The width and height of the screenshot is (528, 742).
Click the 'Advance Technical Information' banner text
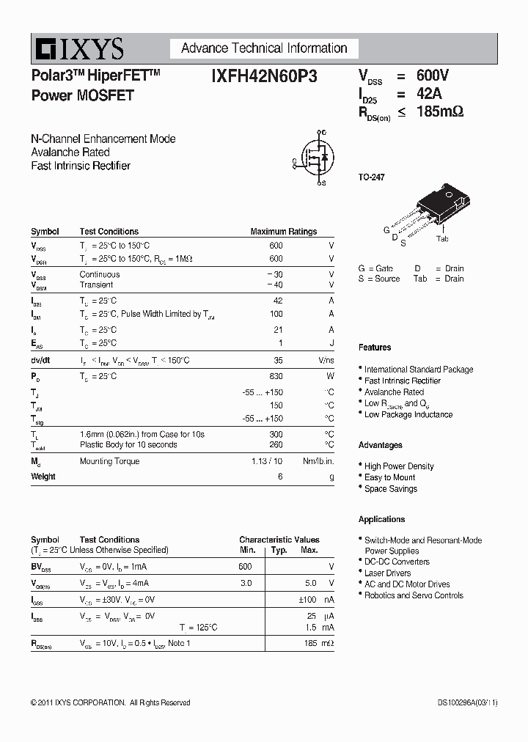click(264, 48)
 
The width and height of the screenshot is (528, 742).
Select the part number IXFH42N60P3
click(264, 76)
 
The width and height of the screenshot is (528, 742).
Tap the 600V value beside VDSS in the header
click(432, 76)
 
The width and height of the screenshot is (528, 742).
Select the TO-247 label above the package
click(371, 177)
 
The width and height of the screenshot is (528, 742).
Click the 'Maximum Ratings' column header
click(283, 232)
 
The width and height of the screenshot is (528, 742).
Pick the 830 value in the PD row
click(276, 376)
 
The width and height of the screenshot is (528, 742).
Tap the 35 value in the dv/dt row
click(278, 360)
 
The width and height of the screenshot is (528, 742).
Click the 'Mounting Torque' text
click(109, 461)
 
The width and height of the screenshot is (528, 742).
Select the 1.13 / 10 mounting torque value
click(268, 461)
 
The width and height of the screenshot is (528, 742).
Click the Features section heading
click(375, 348)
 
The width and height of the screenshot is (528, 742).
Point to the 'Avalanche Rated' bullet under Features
click(394, 392)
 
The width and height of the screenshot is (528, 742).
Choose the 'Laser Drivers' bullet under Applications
click(387, 573)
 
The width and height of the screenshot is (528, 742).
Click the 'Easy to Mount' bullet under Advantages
click(389, 477)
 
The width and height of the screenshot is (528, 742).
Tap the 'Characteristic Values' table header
click(279, 540)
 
